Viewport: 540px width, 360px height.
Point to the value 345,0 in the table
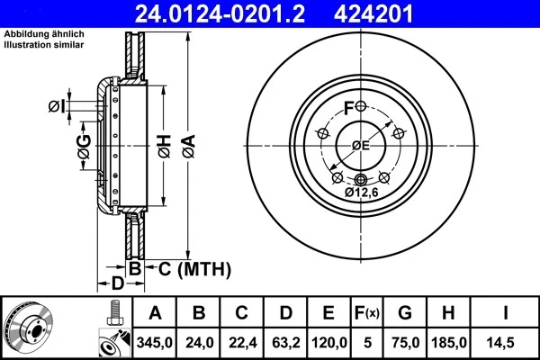point(155,342)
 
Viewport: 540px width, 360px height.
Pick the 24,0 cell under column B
point(199,342)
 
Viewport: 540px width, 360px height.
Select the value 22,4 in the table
point(242,342)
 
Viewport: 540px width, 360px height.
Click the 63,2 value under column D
point(285,342)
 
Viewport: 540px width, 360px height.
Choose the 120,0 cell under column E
point(329,342)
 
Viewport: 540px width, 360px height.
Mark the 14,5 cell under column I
point(506,342)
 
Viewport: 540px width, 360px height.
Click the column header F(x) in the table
point(369,313)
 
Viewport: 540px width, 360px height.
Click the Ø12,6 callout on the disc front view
point(362,192)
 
